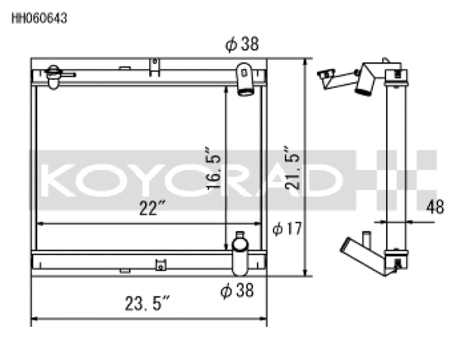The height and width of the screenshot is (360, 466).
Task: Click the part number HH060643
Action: pos(39,19)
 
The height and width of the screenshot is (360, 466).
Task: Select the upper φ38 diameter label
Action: pos(242,45)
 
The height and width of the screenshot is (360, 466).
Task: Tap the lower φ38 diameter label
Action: pos(237,291)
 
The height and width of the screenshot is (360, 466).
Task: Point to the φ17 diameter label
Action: pos(287,229)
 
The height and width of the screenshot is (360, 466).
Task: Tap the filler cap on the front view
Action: pos(54,75)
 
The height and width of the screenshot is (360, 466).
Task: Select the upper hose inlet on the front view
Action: pos(246,80)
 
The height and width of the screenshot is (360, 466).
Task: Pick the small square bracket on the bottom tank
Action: pos(161,264)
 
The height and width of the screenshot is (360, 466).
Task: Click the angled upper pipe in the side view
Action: pos(365,81)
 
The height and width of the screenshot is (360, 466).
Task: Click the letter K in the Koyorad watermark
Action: pos(56,179)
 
